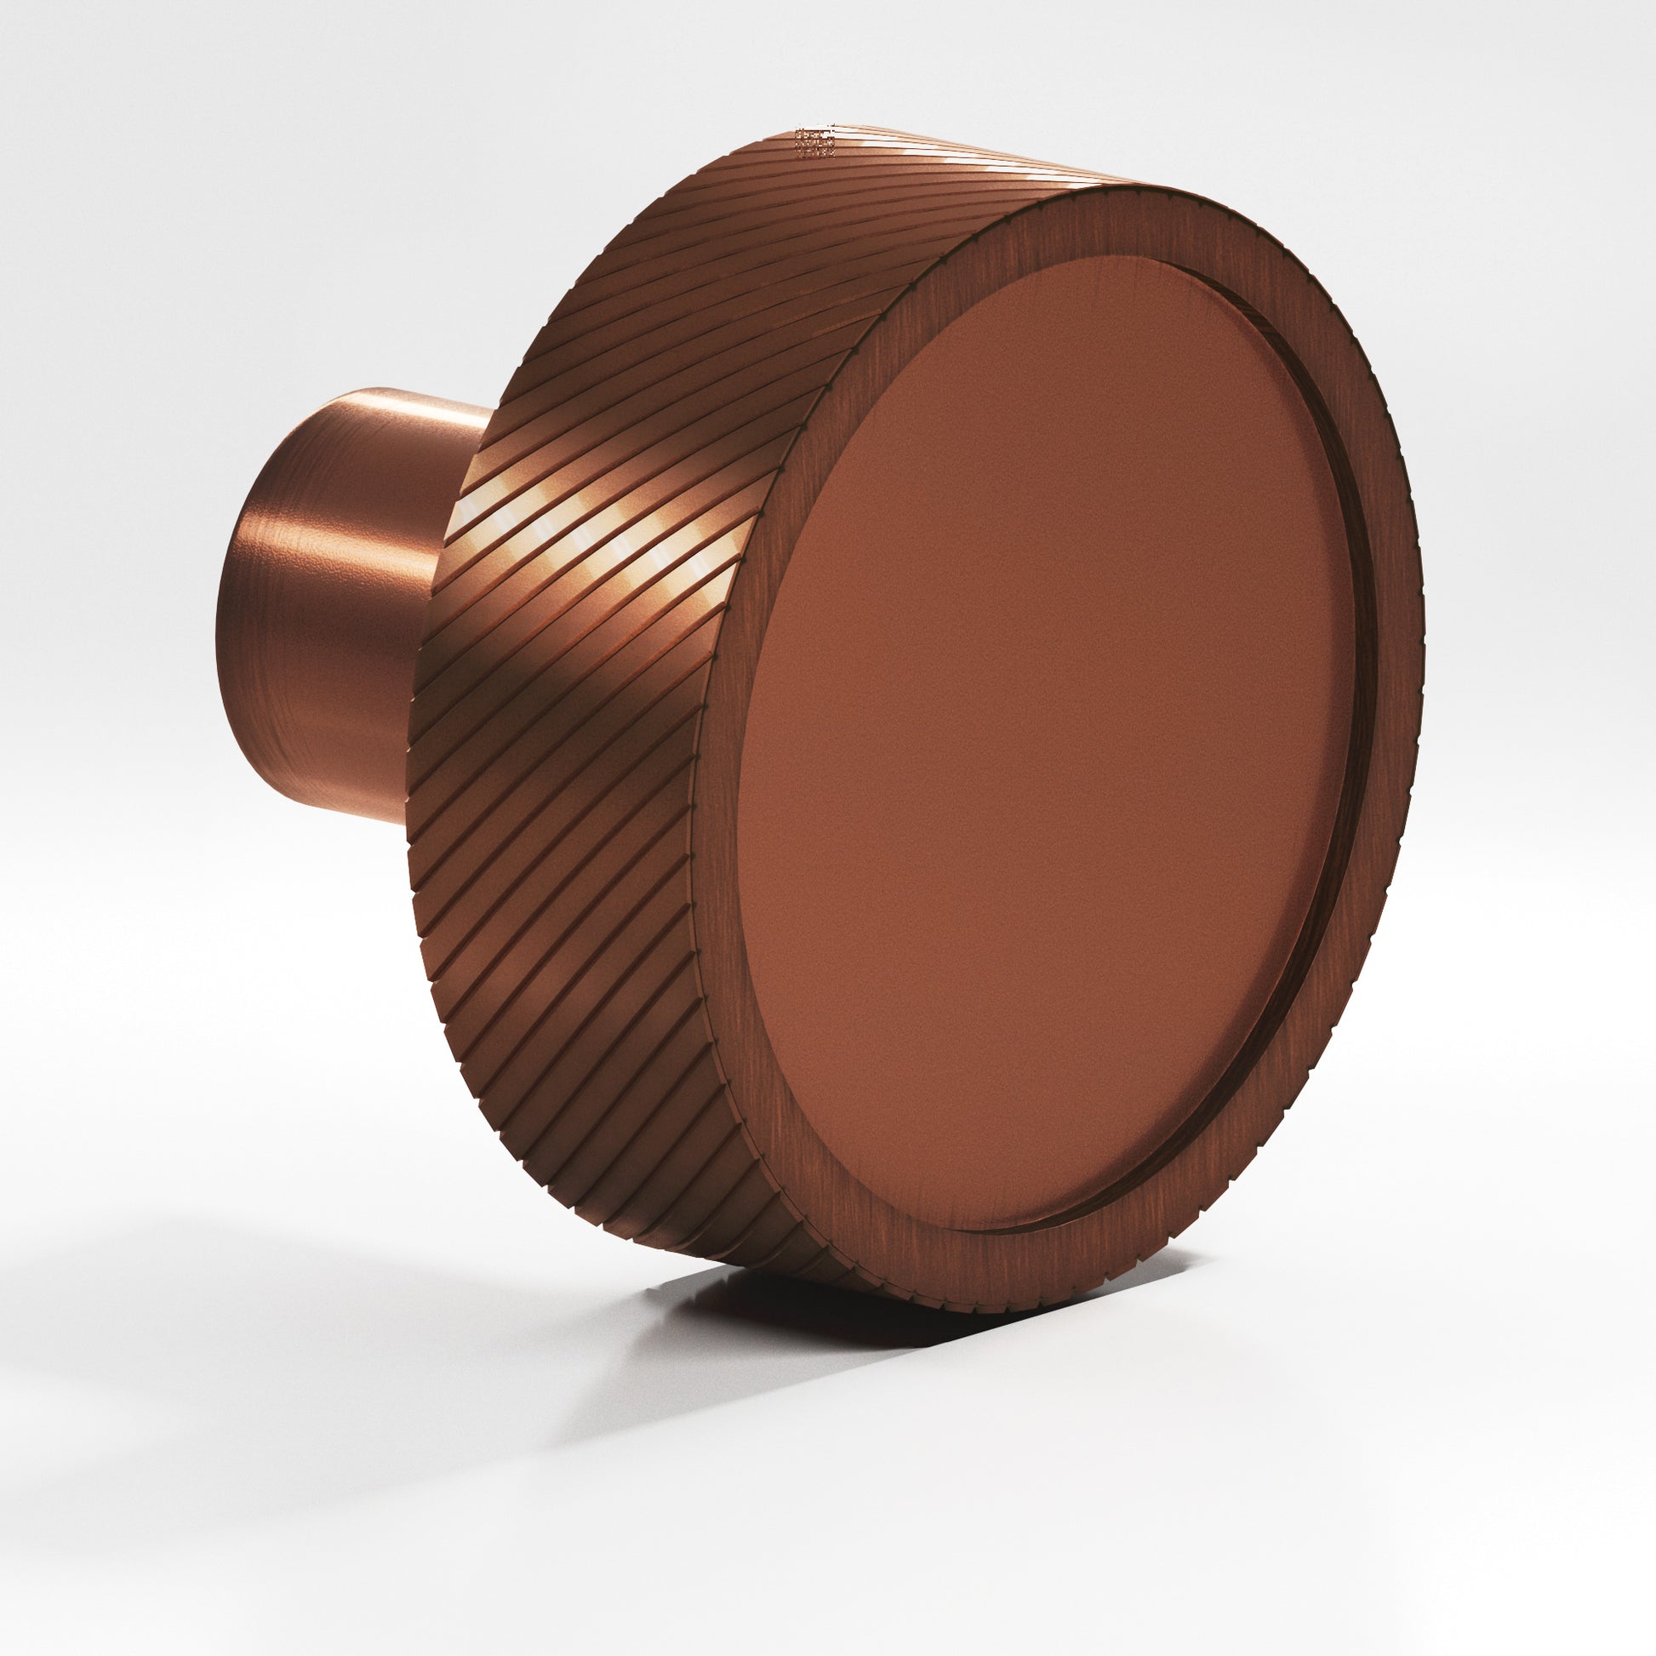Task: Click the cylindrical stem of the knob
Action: pos(326,600)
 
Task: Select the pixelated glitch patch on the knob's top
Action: pos(815,142)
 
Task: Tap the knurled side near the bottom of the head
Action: pos(686,1200)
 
